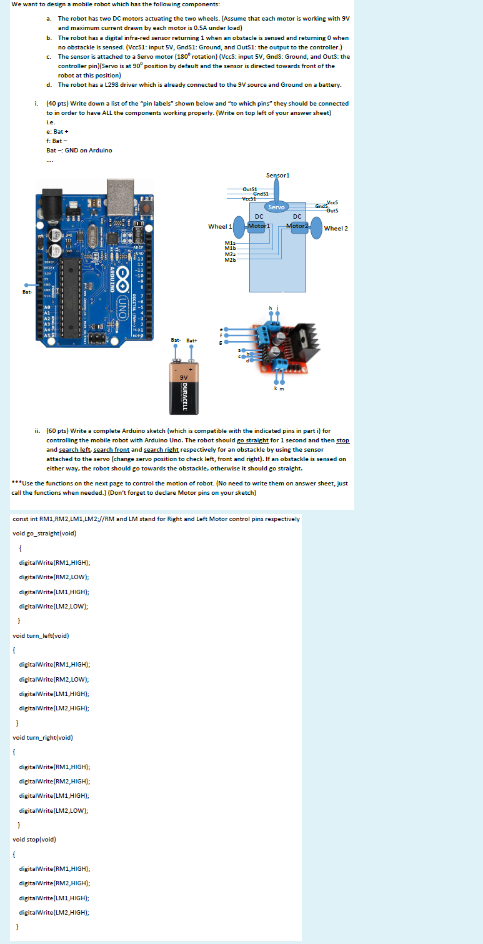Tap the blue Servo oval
coord(276,207)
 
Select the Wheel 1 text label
coord(220,227)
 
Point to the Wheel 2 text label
coord(336,228)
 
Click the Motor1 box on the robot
coord(258,226)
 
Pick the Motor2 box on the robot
coord(297,226)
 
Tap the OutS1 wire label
coord(250,189)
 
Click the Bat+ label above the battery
coord(192,340)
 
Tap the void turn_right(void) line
coord(43,737)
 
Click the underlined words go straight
coord(252,440)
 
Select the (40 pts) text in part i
coord(57,103)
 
